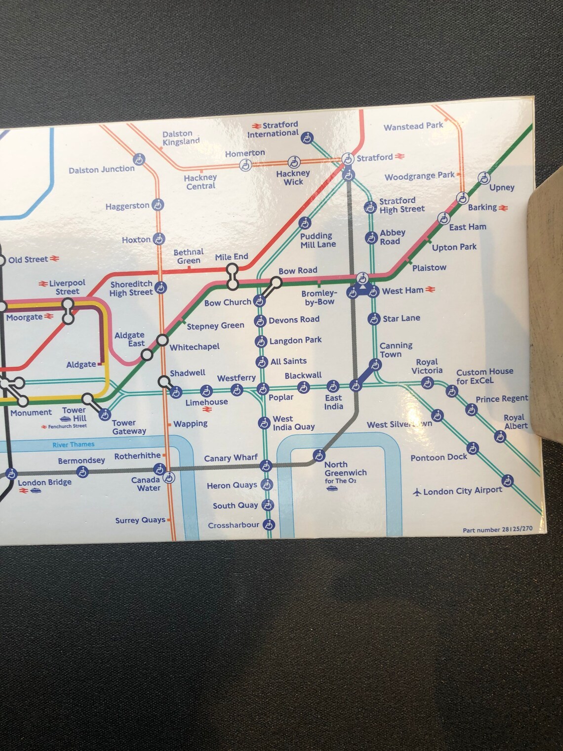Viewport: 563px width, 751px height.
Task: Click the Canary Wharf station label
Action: [x=231, y=458]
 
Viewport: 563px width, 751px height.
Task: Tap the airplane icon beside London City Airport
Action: [x=417, y=492]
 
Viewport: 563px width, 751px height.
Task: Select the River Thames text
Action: [x=73, y=445]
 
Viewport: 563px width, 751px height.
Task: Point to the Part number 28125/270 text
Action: [x=497, y=529]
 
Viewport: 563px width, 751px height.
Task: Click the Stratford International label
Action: [x=273, y=129]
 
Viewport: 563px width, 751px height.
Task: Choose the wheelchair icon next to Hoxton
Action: [x=159, y=239]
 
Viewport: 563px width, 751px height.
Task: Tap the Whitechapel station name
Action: [x=195, y=347]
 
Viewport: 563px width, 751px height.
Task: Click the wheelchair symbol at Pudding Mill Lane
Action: [x=305, y=223]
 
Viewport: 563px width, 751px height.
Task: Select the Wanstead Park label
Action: [x=413, y=126]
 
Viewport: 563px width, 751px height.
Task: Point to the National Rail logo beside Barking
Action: [x=503, y=208]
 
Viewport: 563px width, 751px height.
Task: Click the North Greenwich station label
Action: [x=345, y=469]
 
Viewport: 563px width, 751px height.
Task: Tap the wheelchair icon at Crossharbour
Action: [x=268, y=524]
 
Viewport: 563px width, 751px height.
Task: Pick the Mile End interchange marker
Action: [x=232, y=277]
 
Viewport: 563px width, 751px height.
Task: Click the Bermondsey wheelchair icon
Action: [x=83, y=472]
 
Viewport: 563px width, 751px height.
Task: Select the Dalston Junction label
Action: [x=101, y=169]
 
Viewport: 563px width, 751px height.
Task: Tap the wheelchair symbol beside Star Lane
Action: [x=374, y=319]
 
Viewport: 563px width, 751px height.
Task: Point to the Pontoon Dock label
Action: [x=439, y=458]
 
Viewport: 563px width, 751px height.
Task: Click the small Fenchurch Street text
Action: [x=67, y=426]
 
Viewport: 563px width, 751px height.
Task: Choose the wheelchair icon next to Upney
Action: [x=484, y=178]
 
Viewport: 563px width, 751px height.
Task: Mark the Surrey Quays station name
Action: [x=140, y=520]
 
